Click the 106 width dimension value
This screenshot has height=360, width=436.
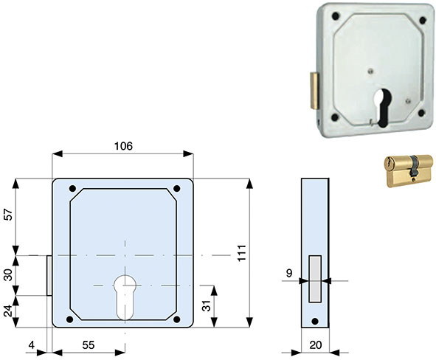[122, 146]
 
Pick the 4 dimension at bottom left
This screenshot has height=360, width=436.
[31, 344]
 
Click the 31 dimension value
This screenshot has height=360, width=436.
[207, 304]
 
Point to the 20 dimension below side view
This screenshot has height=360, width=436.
[315, 344]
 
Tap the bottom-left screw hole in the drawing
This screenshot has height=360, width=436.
[70, 319]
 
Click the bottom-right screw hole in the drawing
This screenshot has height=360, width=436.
[178, 319]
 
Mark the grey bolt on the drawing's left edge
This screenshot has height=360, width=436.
[49, 275]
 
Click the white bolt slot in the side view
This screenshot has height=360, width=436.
[315, 278]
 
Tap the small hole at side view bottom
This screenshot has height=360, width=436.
[315, 321]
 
